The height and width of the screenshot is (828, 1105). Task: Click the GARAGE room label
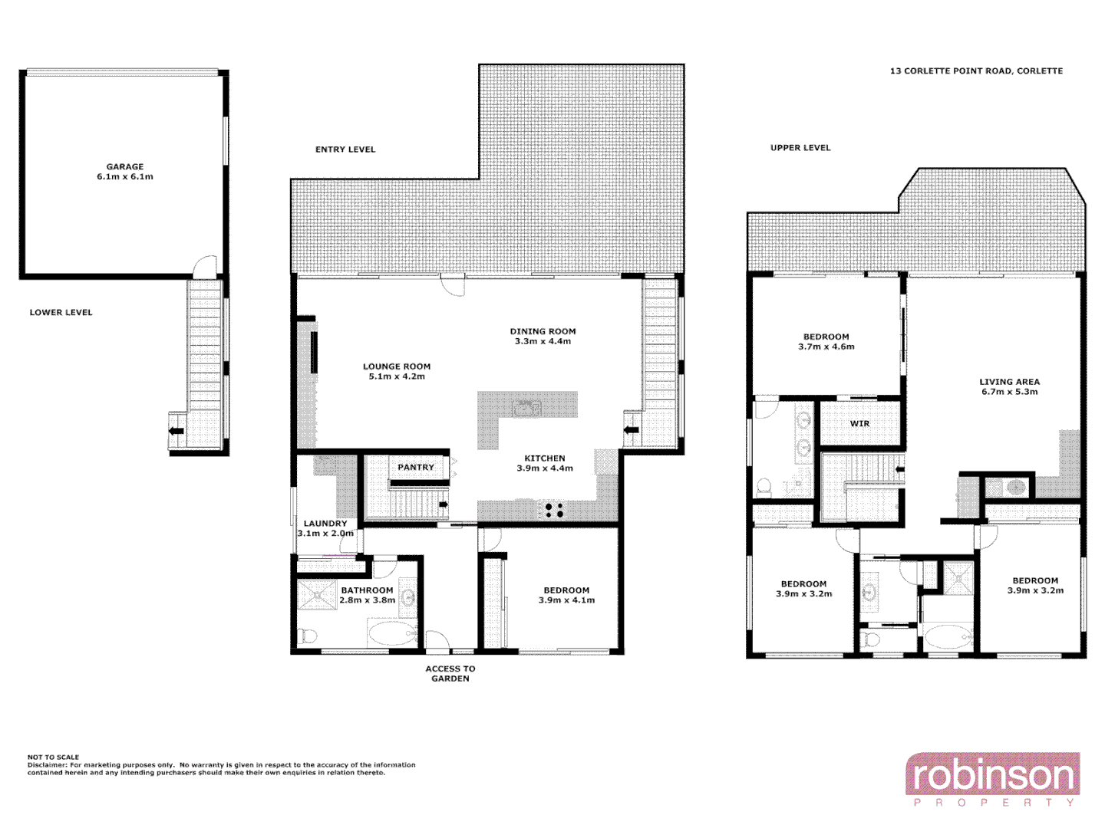[x=125, y=166]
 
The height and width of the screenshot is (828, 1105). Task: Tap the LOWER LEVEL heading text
[x=61, y=313]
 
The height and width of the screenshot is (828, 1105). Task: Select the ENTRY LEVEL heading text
[x=345, y=149]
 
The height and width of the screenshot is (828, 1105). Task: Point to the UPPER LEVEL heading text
[x=800, y=148]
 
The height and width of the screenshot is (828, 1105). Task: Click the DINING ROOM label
[x=543, y=332]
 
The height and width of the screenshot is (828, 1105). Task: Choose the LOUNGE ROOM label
[x=397, y=367]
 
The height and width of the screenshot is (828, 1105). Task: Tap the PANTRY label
[x=415, y=467]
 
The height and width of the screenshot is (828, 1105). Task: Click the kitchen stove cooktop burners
[x=553, y=510]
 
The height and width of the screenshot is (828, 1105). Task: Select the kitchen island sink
[x=527, y=408]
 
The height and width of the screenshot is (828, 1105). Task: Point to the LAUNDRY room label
[x=325, y=524]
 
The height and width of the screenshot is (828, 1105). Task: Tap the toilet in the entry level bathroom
[x=308, y=636]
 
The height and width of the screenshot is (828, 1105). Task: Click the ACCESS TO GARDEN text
[x=450, y=674]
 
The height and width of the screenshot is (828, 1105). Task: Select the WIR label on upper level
[x=859, y=424]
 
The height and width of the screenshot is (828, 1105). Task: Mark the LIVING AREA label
[x=1009, y=382]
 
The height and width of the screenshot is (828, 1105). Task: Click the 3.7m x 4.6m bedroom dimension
[x=826, y=347]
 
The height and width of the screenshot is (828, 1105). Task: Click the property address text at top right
[x=976, y=71]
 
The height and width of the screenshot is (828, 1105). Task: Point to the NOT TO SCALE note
[x=54, y=757]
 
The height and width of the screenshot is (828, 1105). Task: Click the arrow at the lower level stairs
[x=176, y=431]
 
